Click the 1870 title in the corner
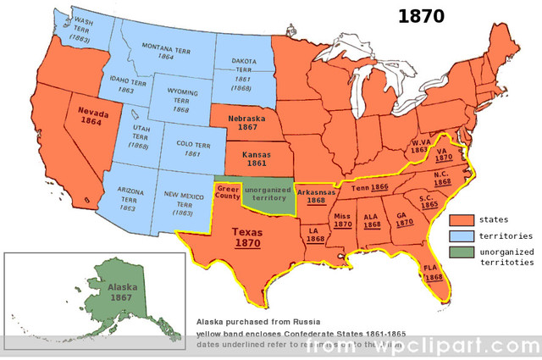[x=421, y=17]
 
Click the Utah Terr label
[x=141, y=136]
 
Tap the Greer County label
[x=226, y=191]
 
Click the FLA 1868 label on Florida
[x=433, y=273]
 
